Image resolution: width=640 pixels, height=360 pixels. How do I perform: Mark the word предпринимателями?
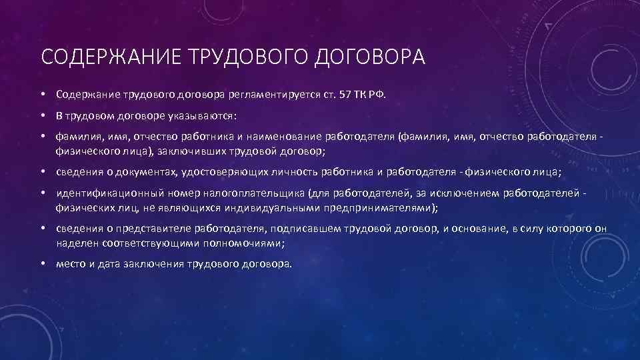[x=380, y=207]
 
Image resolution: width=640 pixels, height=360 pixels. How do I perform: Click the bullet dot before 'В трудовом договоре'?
[x=42, y=116]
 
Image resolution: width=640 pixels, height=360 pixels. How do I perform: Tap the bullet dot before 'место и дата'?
[x=42, y=264]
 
